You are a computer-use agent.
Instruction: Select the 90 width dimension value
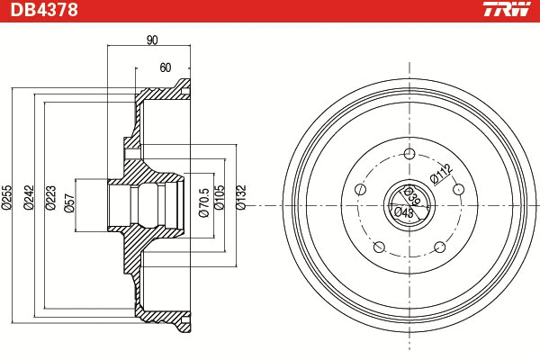(x=151, y=39)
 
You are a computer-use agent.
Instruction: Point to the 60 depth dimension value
(x=165, y=67)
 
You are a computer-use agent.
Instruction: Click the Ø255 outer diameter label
(x=6, y=198)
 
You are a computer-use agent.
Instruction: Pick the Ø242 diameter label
(x=30, y=198)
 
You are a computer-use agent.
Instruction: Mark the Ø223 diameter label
(x=52, y=198)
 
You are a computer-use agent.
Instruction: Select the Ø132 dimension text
(x=240, y=198)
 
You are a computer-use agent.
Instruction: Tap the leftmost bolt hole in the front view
(x=360, y=189)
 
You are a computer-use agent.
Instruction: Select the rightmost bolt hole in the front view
(x=460, y=189)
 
